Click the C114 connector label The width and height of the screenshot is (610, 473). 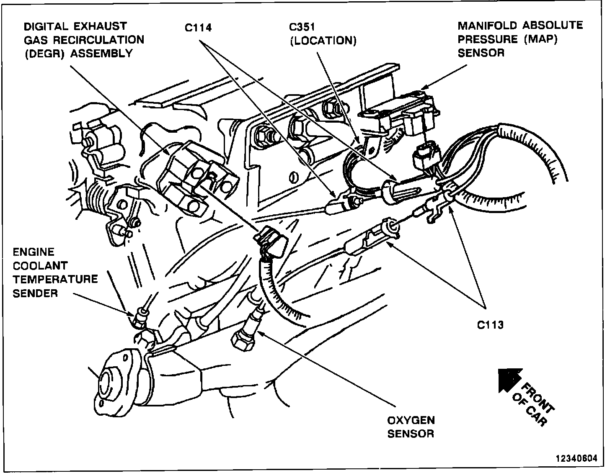pos(198,28)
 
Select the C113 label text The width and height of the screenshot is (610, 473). pos(490,324)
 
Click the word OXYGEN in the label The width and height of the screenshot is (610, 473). pos(411,420)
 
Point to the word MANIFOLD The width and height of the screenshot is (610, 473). pos(487,26)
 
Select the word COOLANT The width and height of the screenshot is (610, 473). pos(34,265)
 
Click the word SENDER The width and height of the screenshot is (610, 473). pos(35,293)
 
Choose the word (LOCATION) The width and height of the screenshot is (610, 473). pos(323,41)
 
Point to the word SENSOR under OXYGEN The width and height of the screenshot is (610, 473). pos(410,433)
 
